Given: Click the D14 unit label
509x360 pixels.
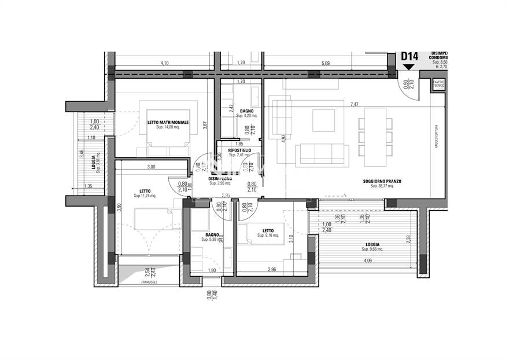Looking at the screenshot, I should [410, 57].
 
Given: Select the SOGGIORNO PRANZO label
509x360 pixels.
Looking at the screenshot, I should [382, 181].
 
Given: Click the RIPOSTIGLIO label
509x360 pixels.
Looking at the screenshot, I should [239, 150].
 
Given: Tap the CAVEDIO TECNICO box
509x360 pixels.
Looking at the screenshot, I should [439, 85].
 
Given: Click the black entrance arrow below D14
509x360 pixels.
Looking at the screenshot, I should [410, 67].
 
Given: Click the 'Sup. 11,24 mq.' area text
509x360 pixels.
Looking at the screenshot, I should [145, 196].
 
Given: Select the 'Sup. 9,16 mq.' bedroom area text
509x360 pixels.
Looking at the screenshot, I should [268, 236].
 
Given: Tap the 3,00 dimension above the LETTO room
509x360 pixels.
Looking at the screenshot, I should [151, 167].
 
